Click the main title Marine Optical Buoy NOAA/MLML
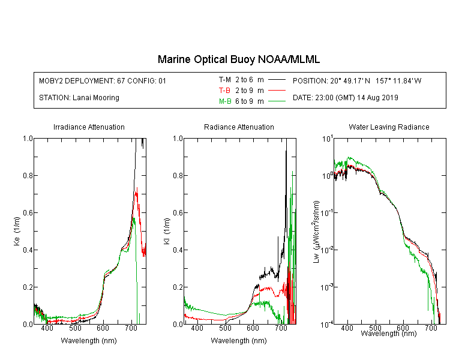coord(238,59)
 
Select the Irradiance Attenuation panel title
coord(89,127)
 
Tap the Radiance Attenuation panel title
coord(239,127)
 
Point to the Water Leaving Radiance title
coord(389,127)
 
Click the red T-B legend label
coord(224,91)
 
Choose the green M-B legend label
coord(225,101)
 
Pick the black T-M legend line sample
coord(277,80)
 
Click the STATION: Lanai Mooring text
coord(79,98)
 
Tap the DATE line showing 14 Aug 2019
coord(345,98)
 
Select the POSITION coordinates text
coord(357,80)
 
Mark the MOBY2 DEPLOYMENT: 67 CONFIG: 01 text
coord(103,80)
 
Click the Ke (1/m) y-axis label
coord(17,231)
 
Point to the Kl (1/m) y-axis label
coord(166,231)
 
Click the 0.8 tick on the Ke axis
coord(28,175)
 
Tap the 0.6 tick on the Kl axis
coord(178,213)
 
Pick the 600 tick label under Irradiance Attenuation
coord(103,328)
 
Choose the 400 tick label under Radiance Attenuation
coord(197,328)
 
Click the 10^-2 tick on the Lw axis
coord(327,249)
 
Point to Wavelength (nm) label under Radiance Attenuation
coord(239,341)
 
